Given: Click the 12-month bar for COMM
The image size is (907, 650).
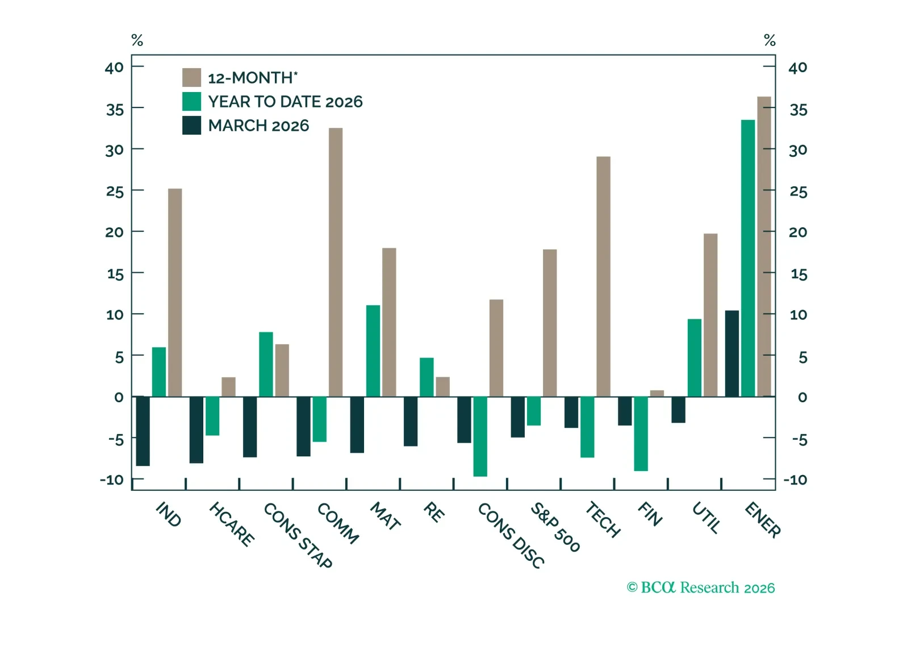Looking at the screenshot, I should pyautogui.click(x=336, y=262).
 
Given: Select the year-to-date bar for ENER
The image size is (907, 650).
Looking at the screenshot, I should pyautogui.click(x=747, y=258).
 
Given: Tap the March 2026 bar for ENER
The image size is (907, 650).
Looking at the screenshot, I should pyautogui.click(x=732, y=353).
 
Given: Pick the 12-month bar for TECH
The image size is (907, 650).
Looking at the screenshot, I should pyautogui.click(x=603, y=276).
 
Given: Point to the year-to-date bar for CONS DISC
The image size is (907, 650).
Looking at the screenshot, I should pyautogui.click(x=480, y=436).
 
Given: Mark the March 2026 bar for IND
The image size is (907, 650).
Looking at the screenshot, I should pyautogui.click(x=143, y=431).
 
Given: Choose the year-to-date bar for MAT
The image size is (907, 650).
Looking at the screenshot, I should pyautogui.click(x=373, y=351).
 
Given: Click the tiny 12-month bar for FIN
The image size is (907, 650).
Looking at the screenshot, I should pyautogui.click(x=657, y=393).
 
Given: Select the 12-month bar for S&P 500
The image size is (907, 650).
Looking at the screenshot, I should pyautogui.click(x=550, y=323).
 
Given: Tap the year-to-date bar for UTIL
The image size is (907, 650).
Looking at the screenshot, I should pyautogui.click(x=694, y=357).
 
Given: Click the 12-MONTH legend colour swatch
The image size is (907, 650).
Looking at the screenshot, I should pyautogui.click(x=191, y=77).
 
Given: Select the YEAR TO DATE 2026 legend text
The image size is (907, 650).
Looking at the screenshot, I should pyautogui.click(x=285, y=102).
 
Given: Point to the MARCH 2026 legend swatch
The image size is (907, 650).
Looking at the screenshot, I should pyautogui.click(x=191, y=125).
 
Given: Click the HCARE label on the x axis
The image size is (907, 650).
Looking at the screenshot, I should pyautogui.click(x=231, y=524).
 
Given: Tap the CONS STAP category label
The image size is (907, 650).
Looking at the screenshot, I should pyautogui.click(x=298, y=535).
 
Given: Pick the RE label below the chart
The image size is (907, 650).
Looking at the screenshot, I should pyautogui.click(x=434, y=512).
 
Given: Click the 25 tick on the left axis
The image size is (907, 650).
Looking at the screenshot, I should pyautogui.click(x=115, y=191).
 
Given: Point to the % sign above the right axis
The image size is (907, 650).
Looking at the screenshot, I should pyautogui.click(x=770, y=40).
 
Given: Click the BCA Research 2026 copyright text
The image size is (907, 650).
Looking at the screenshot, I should pyautogui.click(x=700, y=587).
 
